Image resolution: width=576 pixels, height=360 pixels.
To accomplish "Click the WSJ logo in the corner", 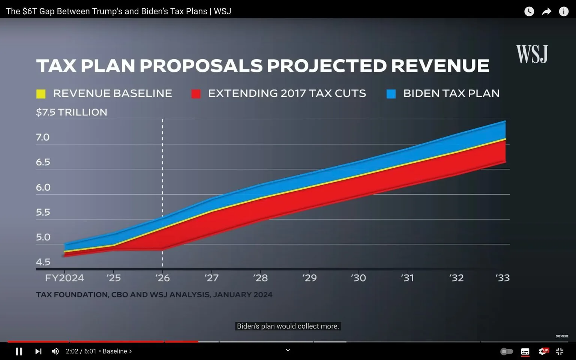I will (532, 54).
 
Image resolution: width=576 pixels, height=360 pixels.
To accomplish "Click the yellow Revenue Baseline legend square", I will (41, 94).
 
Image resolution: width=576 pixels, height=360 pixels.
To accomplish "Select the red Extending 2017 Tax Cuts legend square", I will (196, 94).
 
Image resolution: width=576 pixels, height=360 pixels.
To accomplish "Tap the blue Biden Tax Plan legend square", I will (391, 94).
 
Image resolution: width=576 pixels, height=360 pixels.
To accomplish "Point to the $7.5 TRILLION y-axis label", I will (71, 112).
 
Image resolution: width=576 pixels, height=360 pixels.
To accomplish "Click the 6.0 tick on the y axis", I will (43, 187).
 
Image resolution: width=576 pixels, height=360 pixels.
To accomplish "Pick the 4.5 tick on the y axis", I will (43, 262).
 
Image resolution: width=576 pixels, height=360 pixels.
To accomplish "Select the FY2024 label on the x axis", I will (64, 278).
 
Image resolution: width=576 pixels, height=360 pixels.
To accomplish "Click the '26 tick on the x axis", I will (162, 278).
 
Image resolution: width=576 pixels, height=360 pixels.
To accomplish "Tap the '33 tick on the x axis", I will (502, 278).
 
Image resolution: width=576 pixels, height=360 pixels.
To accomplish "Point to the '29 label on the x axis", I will (309, 278).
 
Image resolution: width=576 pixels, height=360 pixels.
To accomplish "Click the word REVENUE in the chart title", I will (440, 66).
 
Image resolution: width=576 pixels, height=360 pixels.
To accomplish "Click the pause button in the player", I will (19, 351).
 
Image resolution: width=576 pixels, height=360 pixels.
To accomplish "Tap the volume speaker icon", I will (55, 351).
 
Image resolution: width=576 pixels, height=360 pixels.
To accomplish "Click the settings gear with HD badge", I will (543, 351).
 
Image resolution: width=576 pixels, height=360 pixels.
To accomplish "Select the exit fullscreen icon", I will (559, 351).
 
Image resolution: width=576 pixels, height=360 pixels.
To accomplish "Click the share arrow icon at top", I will (546, 12).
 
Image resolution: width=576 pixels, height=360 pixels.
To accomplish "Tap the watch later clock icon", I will (529, 12).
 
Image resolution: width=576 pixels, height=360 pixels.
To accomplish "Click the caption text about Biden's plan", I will (288, 326).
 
